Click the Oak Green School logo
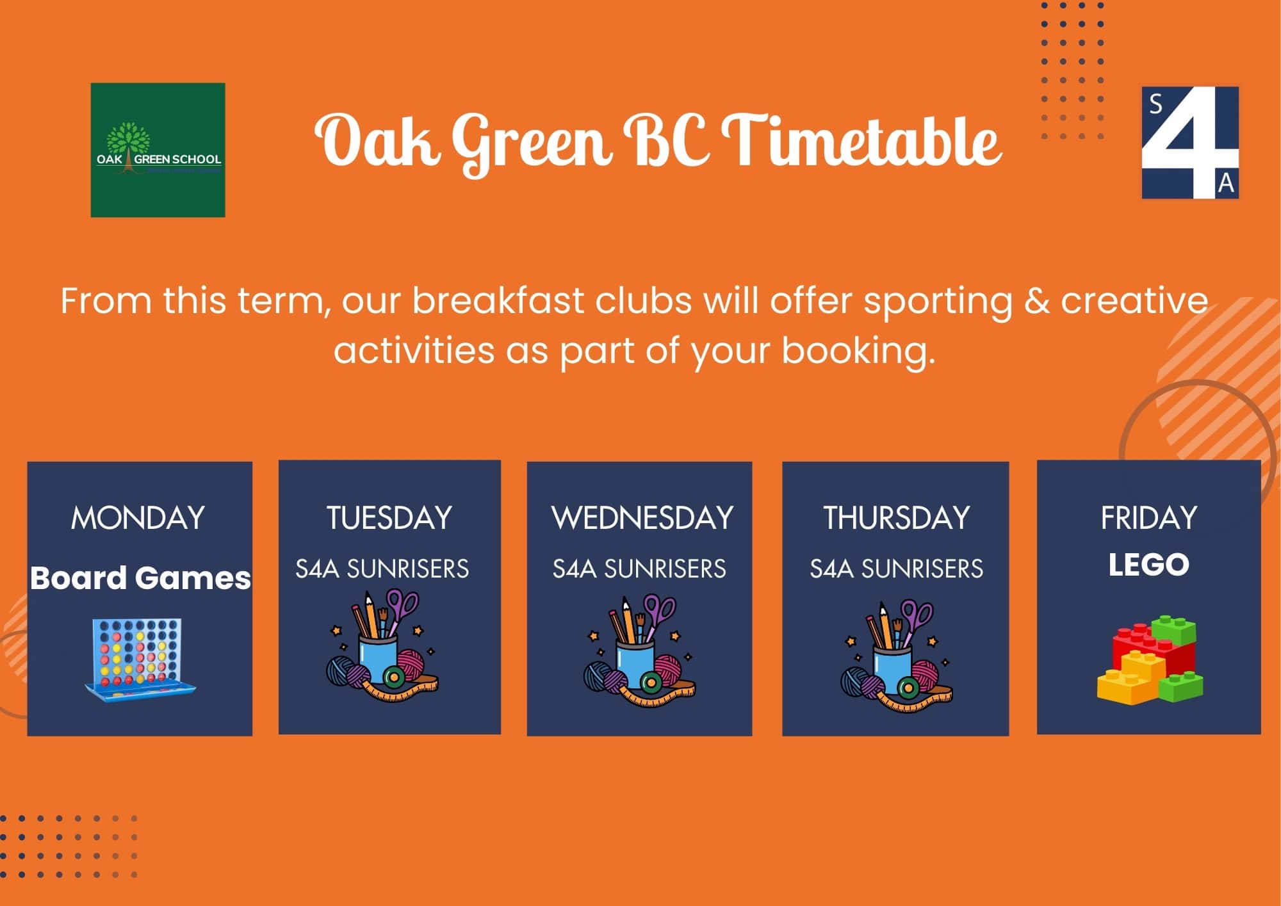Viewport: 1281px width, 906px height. click(158, 150)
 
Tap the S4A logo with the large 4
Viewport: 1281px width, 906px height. click(1190, 142)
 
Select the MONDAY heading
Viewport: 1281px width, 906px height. click(138, 517)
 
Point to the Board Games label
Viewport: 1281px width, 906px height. click(140, 578)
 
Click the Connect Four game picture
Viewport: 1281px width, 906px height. click(140, 657)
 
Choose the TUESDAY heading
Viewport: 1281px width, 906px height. click(389, 517)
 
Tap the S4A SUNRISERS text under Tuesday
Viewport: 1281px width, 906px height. click(382, 569)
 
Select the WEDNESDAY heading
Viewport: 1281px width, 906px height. click(642, 517)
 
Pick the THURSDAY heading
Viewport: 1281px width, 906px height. click(897, 517)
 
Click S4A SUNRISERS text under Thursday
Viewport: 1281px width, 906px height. click(896, 569)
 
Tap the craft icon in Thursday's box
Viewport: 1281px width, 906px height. click(897, 656)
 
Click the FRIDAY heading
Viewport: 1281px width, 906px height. click(1149, 517)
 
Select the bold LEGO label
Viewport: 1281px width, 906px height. click(1149, 565)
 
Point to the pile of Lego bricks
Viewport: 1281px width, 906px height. click(1150, 659)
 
